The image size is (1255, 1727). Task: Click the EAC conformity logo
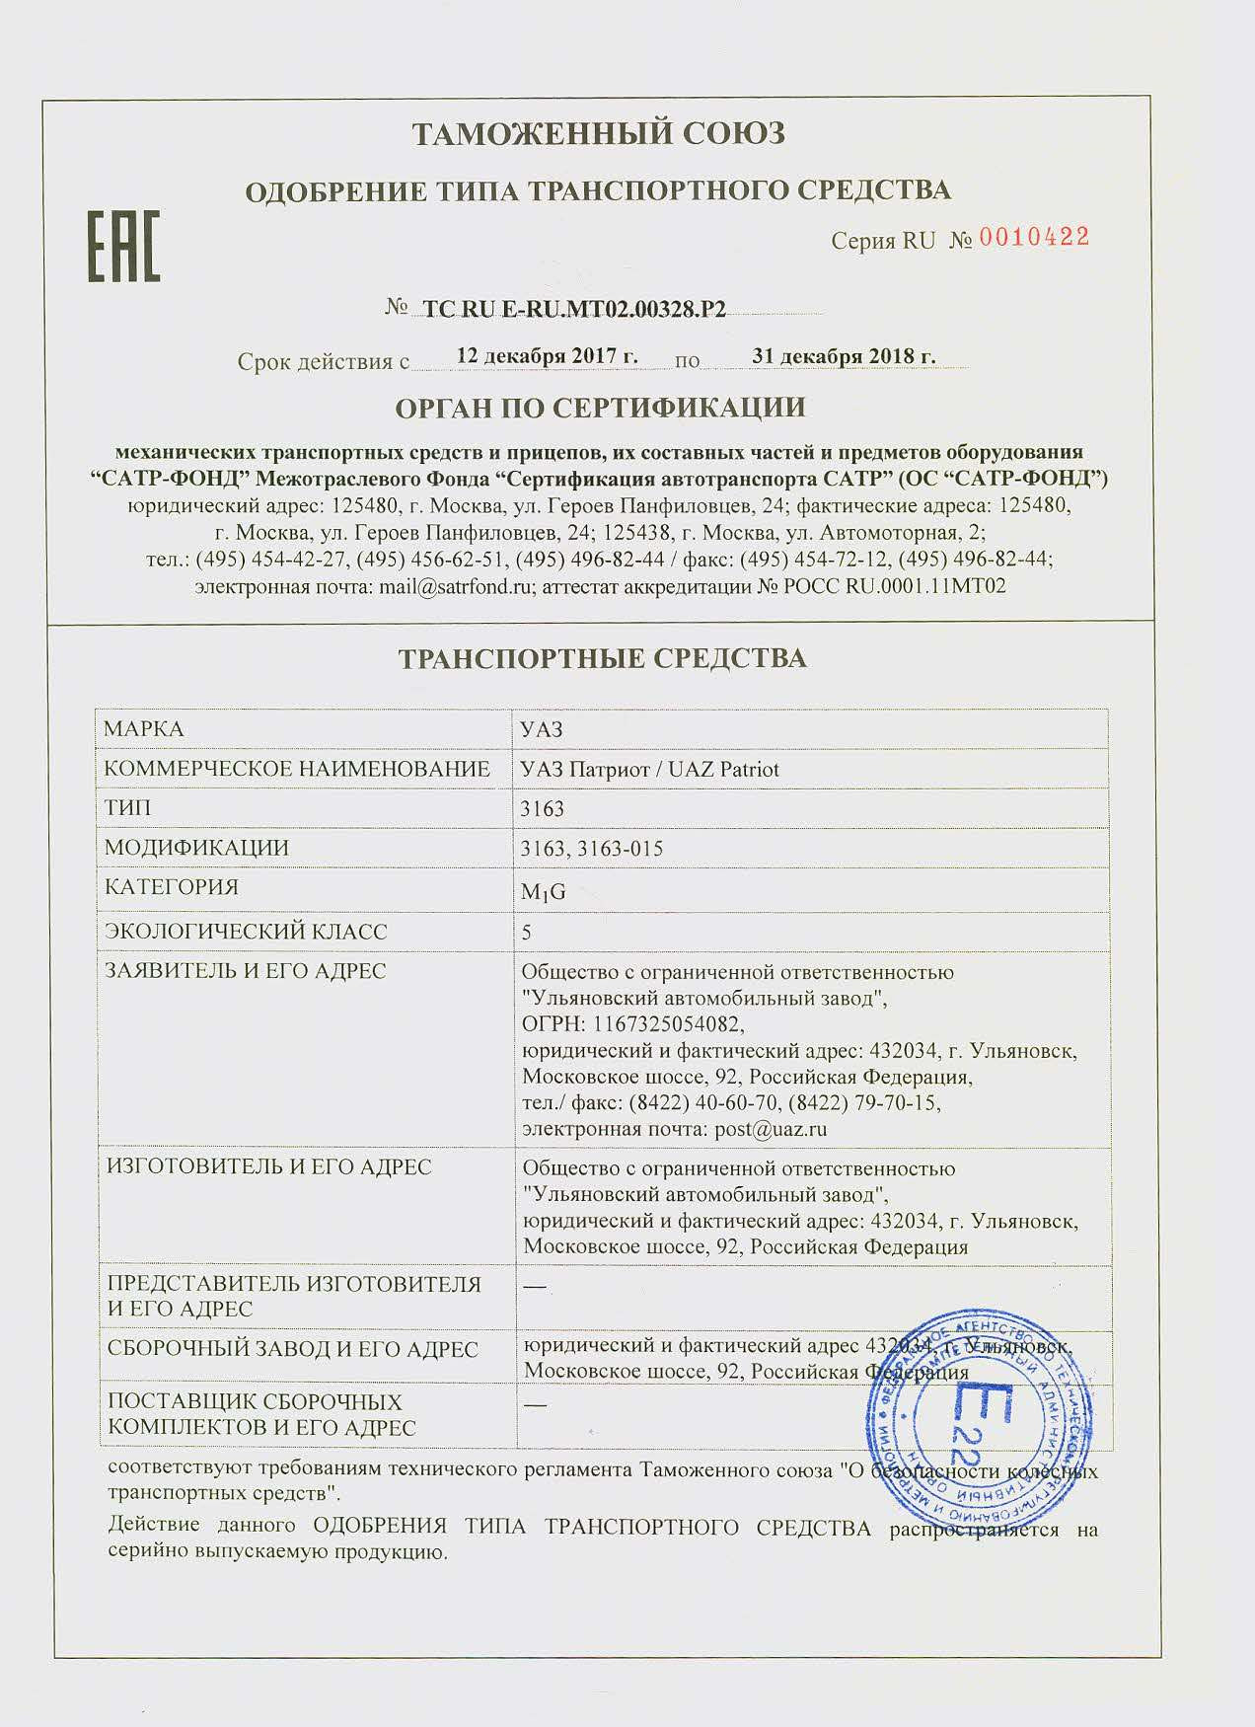[x=124, y=245]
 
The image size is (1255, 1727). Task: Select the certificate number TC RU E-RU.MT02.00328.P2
[x=574, y=310]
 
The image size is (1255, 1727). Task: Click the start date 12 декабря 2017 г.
[x=548, y=356]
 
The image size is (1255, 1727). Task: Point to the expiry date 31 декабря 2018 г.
[x=844, y=356]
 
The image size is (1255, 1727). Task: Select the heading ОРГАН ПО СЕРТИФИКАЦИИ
[x=600, y=407]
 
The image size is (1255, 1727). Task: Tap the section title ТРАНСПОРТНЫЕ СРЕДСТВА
[x=602, y=658]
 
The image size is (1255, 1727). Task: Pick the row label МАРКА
[x=144, y=729]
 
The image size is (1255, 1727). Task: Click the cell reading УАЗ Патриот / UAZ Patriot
[x=649, y=770]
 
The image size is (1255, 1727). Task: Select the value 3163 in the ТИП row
[x=542, y=809]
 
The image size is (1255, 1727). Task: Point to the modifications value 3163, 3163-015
[x=591, y=849]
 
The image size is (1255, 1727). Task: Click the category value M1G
[x=543, y=892]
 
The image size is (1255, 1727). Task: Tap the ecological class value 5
[x=526, y=932]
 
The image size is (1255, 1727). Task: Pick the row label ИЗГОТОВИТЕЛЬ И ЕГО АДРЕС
[x=268, y=1167]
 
